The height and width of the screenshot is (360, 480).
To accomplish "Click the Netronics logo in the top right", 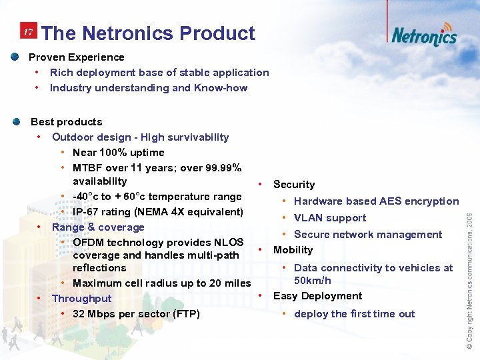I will (x=423, y=35).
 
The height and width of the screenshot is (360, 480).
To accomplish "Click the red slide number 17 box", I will (x=28, y=33).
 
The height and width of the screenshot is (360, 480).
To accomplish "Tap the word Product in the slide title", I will (x=217, y=33).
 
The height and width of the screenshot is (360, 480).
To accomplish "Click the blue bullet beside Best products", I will (x=15, y=122).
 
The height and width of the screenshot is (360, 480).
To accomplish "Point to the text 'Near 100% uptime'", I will (x=118, y=153).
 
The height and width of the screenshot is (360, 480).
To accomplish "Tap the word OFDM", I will (x=89, y=242).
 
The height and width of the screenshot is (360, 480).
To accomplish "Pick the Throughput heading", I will (x=81, y=299).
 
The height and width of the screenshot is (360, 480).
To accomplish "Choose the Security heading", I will (x=294, y=185).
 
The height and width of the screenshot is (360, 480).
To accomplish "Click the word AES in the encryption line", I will (x=389, y=201).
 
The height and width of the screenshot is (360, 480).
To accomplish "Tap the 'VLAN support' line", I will (x=329, y=218).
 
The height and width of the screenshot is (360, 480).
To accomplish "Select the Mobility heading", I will (x=293, y=250).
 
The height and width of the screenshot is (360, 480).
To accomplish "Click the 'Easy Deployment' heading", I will (x=317, y=296).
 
